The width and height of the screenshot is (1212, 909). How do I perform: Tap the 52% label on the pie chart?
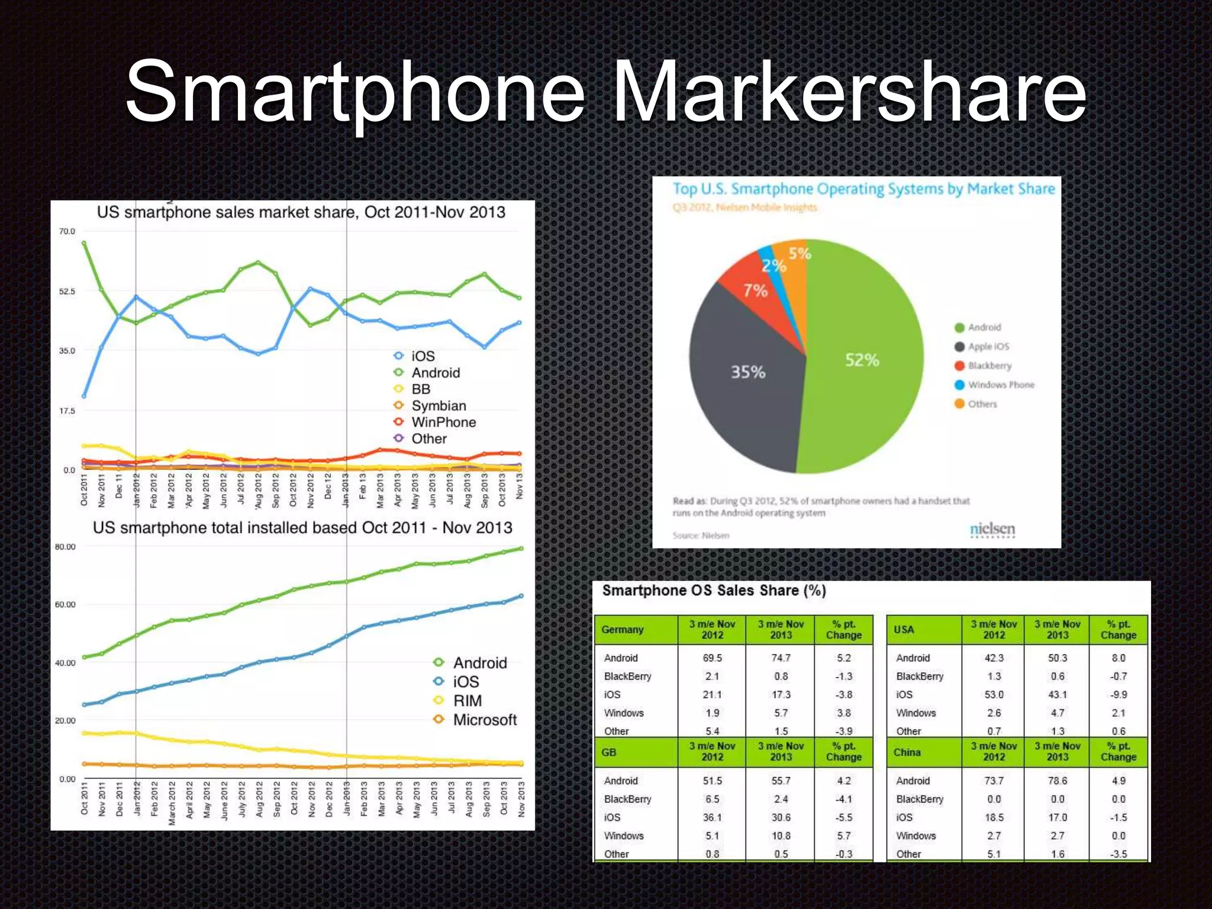[862, 360]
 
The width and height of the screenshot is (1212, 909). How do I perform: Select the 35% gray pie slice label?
[748, 372]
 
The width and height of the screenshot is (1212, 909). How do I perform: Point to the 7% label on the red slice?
[755, 291]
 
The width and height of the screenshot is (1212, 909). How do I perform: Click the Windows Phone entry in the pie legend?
[1001, 385]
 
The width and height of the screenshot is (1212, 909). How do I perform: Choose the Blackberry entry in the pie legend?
[989, 366]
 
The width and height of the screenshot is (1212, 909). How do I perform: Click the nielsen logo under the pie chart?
[992, 529]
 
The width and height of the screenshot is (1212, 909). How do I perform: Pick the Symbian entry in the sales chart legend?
[439, 406]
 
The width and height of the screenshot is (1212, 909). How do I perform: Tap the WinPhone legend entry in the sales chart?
[443, 423]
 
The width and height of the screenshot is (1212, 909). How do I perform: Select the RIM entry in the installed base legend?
[468, 701]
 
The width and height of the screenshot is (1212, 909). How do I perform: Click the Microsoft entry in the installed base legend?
[485, 720]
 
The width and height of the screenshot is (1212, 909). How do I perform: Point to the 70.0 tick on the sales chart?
[67, 231]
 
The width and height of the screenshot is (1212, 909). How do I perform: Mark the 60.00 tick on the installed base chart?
[65, 605]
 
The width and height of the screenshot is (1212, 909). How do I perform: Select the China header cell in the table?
[907, 753]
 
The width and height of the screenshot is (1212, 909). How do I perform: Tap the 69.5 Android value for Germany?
[712, 658]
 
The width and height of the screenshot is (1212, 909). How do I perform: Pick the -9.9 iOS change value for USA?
[1118, 695]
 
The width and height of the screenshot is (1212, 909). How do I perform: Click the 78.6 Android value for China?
[1057, 781]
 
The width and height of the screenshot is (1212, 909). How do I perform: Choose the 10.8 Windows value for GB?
[781, 836]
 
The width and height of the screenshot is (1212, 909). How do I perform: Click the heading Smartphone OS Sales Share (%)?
[714, 591]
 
